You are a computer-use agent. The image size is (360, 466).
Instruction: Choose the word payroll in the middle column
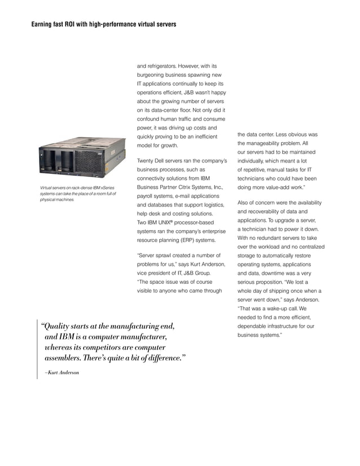point(148,196)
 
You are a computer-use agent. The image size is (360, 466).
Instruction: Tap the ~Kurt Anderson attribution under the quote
point(58,373)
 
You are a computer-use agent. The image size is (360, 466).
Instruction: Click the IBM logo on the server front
point(99,153)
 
